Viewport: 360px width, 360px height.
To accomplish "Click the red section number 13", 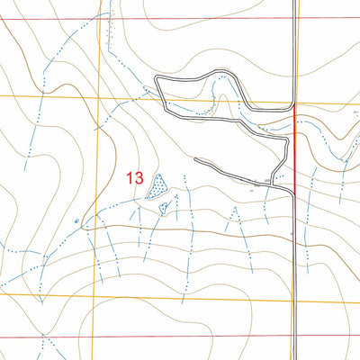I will [135, 178].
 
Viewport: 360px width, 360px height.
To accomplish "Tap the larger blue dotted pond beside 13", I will [158, 185].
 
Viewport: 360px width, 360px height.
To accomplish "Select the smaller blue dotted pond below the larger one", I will [164, 208].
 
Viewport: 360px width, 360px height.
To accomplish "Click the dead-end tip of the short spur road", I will [195, 160].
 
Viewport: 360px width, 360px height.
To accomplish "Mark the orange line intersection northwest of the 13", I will [98, 96].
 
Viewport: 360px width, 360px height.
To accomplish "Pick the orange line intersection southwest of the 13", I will [96, 291].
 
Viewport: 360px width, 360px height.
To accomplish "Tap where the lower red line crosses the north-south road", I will [295, 335].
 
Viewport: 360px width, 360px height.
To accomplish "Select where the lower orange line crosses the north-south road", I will [295, 303].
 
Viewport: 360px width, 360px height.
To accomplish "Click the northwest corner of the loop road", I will [157, 80].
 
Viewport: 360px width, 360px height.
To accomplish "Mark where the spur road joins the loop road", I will [269, 184].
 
